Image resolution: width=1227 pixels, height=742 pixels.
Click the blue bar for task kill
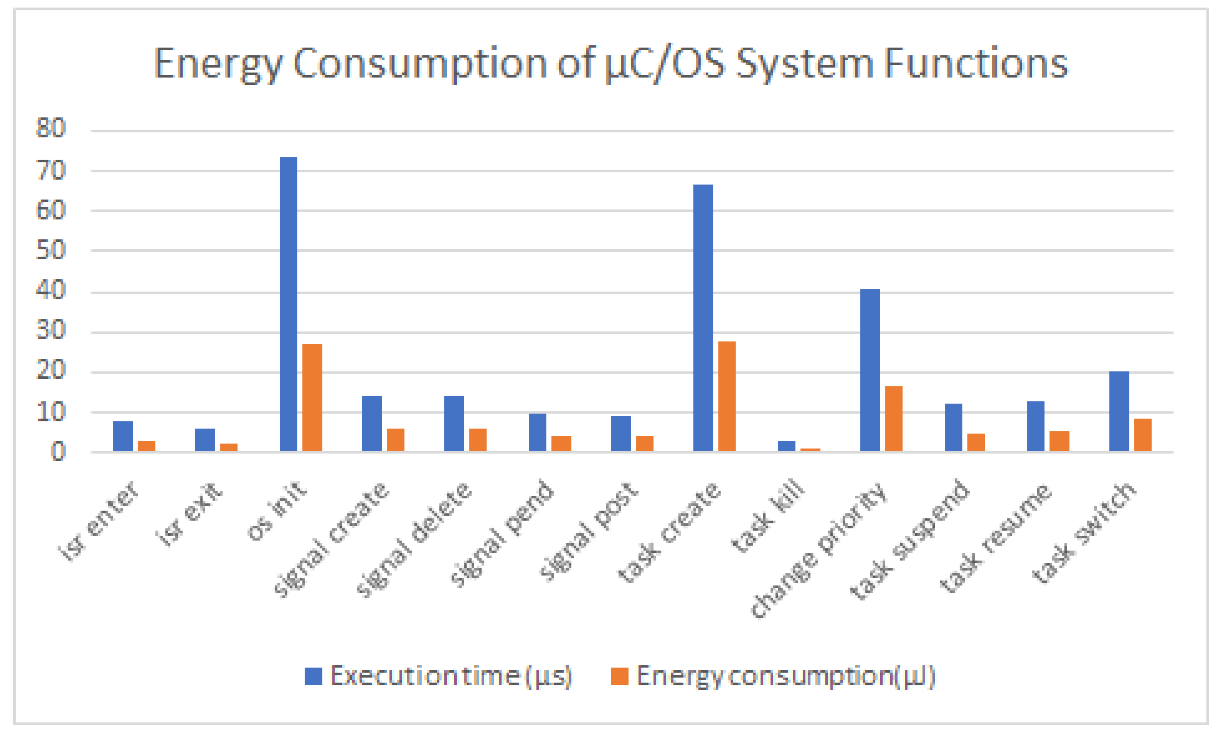[786, 446]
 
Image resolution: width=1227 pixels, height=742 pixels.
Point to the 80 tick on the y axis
[50, 128]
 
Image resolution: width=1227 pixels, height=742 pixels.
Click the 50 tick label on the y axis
[50, 250]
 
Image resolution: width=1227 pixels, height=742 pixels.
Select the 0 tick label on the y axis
[58, 452]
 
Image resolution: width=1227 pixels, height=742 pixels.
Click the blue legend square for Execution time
[313, 676]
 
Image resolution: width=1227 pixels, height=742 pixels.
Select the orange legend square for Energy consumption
[619, 676]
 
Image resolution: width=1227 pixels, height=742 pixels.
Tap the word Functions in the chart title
[976, 64]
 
